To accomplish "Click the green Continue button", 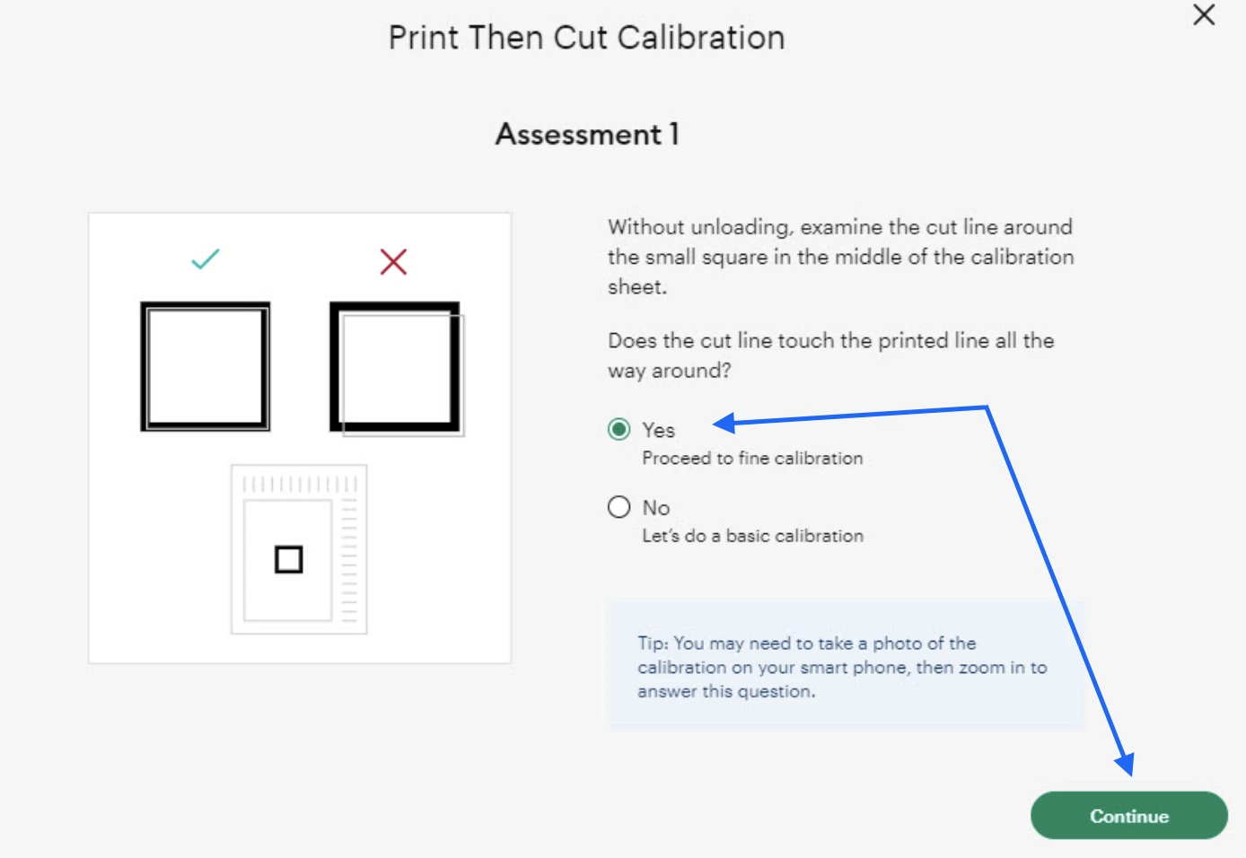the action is point(1128,815).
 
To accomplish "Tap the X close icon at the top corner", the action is point(1204,14).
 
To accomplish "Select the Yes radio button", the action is point(619,429).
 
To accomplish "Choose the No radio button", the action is point(619,507).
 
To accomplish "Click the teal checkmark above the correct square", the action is point(206,258).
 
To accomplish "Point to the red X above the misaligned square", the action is point(393,261).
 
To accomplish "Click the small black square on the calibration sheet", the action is point(289,559).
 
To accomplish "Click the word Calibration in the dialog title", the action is point(701,38).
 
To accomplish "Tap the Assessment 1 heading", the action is point(587,134).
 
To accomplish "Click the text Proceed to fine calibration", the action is point(752,459).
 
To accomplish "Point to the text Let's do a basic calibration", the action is point(752,536).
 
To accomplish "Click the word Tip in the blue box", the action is point(652,643).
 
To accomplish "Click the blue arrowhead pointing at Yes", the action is point(724,423).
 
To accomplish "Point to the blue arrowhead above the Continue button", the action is point(1126,764).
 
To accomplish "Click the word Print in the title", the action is point(424,38).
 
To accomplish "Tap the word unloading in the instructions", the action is point(740,227).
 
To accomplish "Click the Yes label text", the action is point(658,431).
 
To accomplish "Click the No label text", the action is point(656,508).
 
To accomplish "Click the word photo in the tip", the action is point(897,643).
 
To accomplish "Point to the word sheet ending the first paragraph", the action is point(636,287).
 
